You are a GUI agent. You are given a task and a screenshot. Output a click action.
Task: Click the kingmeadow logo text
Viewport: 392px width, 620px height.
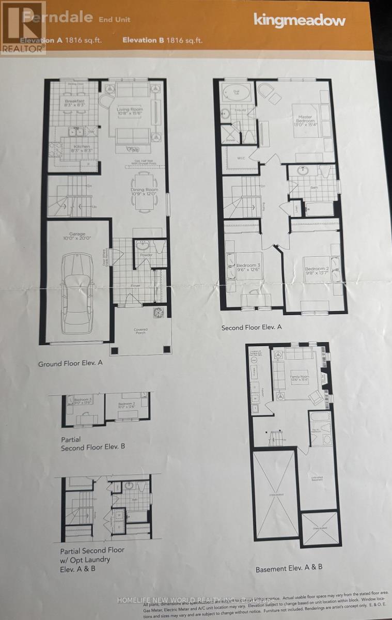pos(299,20)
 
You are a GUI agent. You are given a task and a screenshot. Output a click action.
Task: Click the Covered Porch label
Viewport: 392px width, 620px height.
pos(140,331)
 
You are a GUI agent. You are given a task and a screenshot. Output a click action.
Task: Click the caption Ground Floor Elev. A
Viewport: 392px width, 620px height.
pos(70,363)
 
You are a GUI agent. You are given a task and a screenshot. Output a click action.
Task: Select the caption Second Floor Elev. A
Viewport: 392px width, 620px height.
pos(252,328)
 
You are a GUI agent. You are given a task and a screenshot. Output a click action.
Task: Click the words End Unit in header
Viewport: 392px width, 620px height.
pos(114,19)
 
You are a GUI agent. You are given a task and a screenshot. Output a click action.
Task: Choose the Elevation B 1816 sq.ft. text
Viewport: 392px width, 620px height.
pos(162,40)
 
